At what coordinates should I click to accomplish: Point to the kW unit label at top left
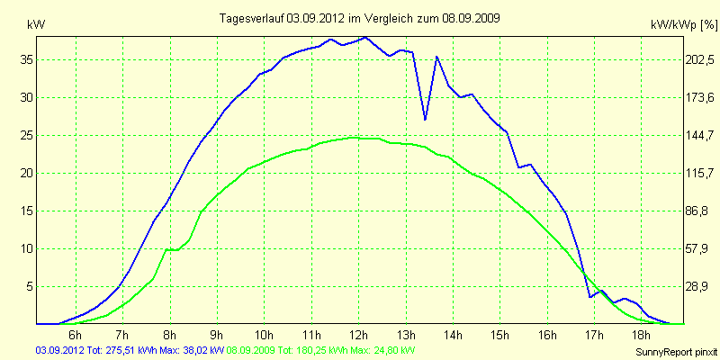pyautogui.click(x=37, y=25)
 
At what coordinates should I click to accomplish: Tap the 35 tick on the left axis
pyautogui.click(x=25, y=59)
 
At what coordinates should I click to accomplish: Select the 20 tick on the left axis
pyautogui.click(x=25, y=173)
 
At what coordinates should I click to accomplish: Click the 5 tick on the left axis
pyautogui.click(x=28, y=286)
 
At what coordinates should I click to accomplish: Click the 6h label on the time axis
pyautogui.click(x=76, y=336)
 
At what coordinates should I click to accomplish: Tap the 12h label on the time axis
pyautogui.click(x=359, y=336)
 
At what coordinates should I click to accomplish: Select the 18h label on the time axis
pyautogui.click(x=642, y=336)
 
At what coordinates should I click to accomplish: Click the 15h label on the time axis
pyautogui.click(x=500, y=336)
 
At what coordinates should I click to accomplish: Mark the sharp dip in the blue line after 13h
pyautogui.click(x=425, y=119)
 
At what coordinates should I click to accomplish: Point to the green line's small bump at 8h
pyautogui.click(x=167, y=249)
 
